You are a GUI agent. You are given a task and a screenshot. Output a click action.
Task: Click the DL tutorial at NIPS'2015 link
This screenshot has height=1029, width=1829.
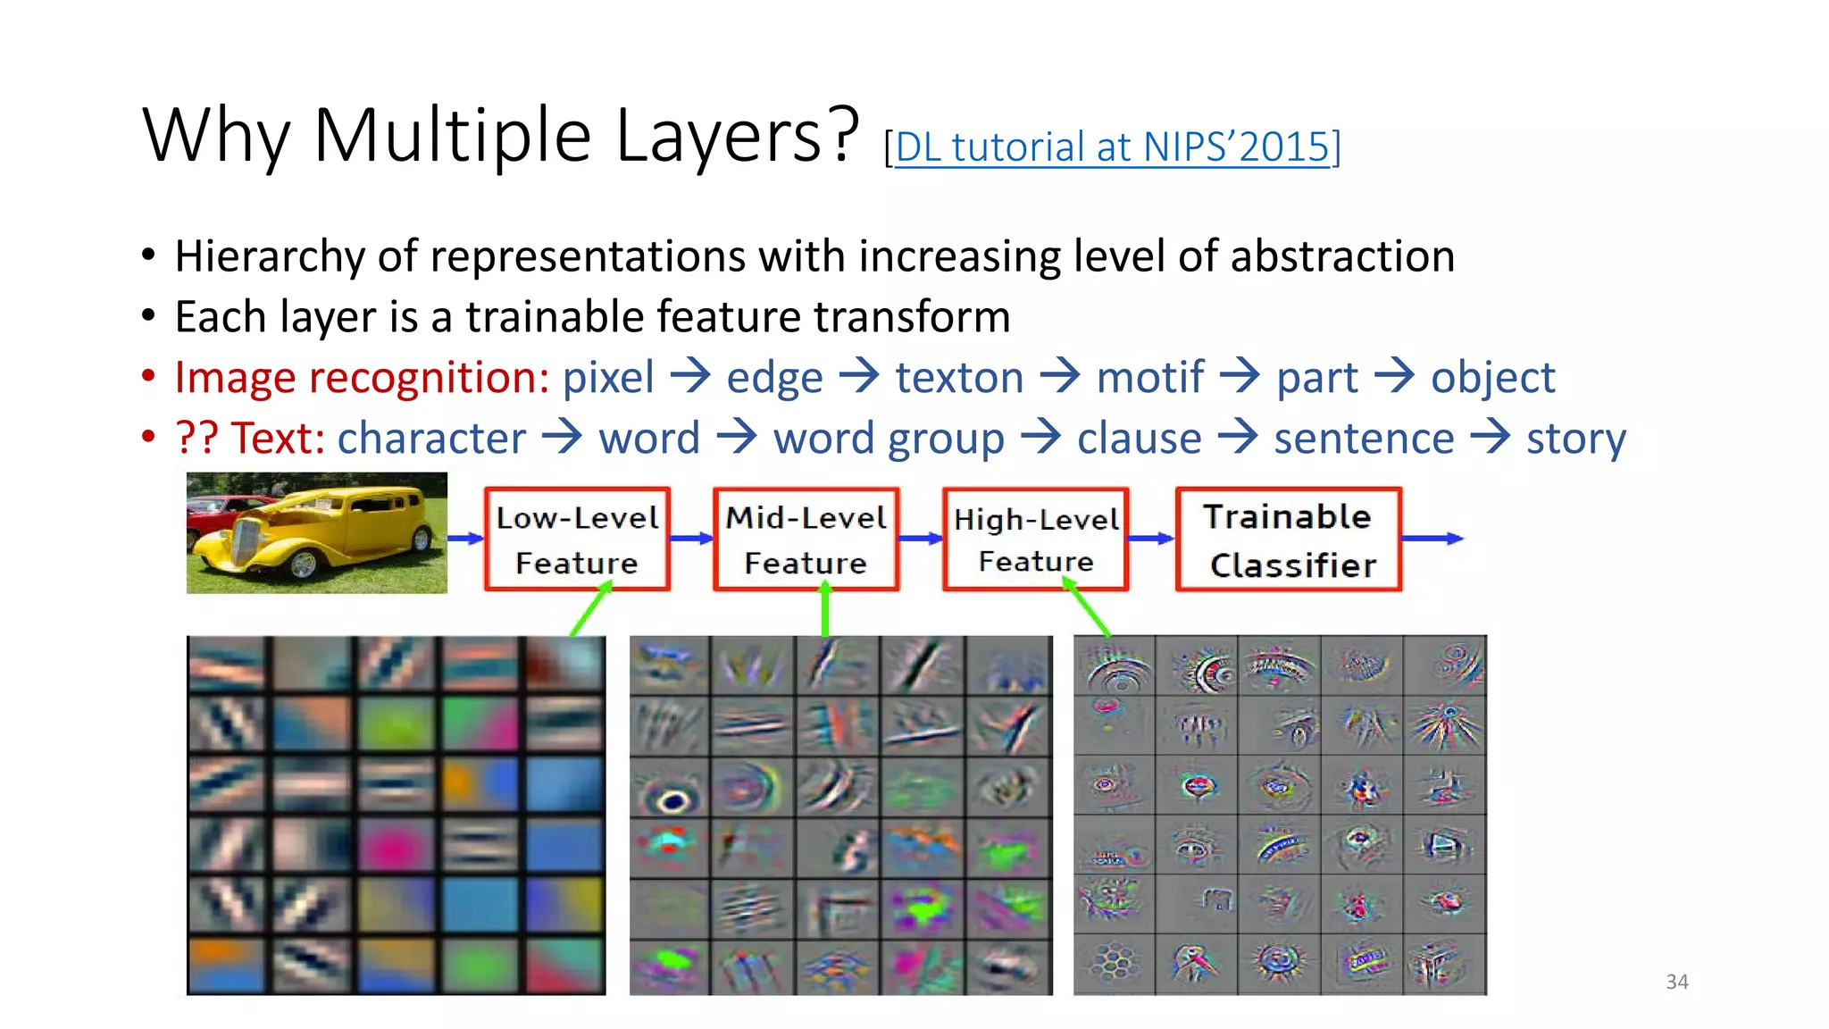pos(1112,147)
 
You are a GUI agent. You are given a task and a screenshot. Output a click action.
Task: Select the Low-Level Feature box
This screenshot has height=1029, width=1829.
pos(577,540)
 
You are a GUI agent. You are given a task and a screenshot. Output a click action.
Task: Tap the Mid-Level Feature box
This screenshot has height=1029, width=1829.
pos(806,540)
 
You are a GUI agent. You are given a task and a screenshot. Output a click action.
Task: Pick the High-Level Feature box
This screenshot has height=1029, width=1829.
pos(1036,540)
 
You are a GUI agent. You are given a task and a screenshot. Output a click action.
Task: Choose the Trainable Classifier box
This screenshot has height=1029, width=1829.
pos(1289,540)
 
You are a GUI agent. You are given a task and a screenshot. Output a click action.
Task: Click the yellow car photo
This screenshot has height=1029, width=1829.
pos(316,532)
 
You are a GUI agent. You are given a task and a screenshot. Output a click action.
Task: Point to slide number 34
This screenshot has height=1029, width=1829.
pos(1676,982)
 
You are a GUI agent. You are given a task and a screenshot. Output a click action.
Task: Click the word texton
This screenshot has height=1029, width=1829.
pos(959,378)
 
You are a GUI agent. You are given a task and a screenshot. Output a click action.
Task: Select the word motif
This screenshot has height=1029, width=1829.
pos(1149,378)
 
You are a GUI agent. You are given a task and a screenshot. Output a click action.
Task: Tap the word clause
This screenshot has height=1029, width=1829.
pos(1139,439)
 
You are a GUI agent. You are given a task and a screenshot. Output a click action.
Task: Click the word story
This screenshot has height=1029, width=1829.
pos(1575,439)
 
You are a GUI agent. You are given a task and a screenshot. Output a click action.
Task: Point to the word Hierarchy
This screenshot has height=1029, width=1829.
pos(269,257)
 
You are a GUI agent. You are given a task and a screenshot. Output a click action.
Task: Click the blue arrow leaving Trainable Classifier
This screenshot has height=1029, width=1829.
pos(1432,539)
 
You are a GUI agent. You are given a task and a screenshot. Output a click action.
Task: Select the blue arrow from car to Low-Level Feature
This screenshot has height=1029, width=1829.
pos(465,539)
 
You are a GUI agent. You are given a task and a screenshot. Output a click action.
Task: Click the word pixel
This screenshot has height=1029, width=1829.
pos(607,378)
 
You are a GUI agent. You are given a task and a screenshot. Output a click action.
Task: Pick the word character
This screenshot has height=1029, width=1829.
pos(431,439)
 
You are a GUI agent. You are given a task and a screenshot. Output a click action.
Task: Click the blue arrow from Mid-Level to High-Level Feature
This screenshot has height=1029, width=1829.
pos(920,539)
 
